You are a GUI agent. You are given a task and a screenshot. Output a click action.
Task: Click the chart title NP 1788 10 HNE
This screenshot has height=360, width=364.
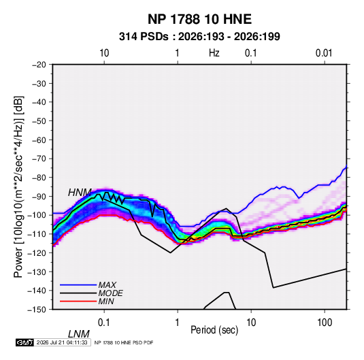pyautogui.click(x=199, y=19)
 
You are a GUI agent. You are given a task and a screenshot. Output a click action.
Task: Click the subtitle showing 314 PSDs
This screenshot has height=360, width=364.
pyautogui.click(x=199, y=37)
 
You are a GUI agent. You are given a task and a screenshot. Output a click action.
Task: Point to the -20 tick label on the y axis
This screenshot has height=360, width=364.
pyautogui.click(x=39, y=65)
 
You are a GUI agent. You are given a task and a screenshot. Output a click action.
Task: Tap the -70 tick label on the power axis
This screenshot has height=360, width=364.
pyautogui.click(x=39, y=159)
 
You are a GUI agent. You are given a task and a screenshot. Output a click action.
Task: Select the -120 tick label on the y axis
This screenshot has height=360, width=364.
pyautogui.click(x=37, y=253)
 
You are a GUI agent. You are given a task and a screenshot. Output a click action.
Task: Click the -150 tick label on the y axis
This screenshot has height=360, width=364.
pyautogui.click(x=37, y=310)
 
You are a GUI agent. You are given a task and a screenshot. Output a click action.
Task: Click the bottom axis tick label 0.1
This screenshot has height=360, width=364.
pyautogui.click(x=104, y=323)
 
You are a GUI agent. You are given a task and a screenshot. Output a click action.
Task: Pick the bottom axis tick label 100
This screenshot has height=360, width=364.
pyautogui.click(x=325, y=323)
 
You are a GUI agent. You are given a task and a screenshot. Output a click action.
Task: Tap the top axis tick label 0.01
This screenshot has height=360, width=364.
pyautogui.click(x=324, y=53)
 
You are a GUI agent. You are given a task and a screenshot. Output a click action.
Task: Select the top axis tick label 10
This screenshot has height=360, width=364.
pyautogui.click(x=104, y=53)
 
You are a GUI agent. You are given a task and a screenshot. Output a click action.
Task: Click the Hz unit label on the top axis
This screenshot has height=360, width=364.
pyautogui.click(x=214, y=53)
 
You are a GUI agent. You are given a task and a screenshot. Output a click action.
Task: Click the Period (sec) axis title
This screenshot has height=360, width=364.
pyautogui.click(x=214, y=330)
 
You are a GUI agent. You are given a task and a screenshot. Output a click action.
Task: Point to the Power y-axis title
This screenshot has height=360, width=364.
pyautogui.click(x=18, y=187)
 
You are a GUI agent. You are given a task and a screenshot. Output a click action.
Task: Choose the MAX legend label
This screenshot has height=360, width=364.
pyautogui.click(x=107, y=284)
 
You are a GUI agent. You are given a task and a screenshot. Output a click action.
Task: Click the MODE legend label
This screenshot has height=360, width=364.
pyautogui.click(x=110, y=293)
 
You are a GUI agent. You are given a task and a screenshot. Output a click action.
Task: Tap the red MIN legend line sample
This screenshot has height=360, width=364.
pyautogui.click(x=78, y=301)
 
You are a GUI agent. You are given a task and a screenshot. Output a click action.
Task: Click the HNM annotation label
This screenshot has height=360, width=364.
pyautogui.click(x=80, y=193)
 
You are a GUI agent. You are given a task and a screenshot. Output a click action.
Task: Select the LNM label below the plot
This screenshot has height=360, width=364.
pyautogui.click(x=78, y=334)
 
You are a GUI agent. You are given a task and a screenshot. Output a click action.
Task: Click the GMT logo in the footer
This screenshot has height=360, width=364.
pyautogui.click(x=25, y=342)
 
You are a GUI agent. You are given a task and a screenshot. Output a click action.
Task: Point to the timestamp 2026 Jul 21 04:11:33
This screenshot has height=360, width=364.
pyautogui.click(x=62, y=342)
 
